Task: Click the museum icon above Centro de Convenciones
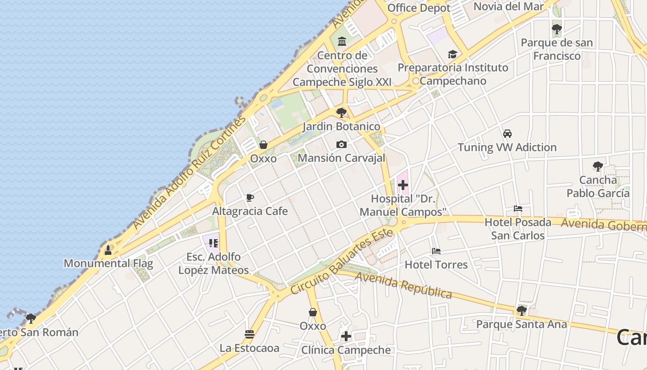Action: (x=342, y=42)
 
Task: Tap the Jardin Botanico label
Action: (x=342, y=126)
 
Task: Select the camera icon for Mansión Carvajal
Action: (x=342, y=145)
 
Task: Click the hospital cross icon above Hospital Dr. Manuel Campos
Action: (x=403, y=185)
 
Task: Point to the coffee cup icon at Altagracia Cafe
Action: (x=250, y=198)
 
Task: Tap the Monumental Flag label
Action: (x=108, y=263)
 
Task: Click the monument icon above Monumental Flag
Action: (x=108, y=250)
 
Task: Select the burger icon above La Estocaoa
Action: (x=250, y=334)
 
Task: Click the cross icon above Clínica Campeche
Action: (x=346, y=336)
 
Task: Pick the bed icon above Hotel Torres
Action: (x=436, y=251)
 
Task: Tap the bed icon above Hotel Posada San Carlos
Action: (x=518, y=209)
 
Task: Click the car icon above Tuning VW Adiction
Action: (x=507, y=134)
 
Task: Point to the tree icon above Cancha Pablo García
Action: (x=598, y=166)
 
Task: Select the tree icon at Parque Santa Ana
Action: (x=522, y=311)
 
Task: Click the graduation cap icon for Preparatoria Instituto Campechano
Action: (x=452, y=55)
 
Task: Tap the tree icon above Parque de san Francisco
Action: (x=557, y=30)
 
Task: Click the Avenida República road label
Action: (x=403, y=285)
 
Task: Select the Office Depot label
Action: (x=419, y=8)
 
